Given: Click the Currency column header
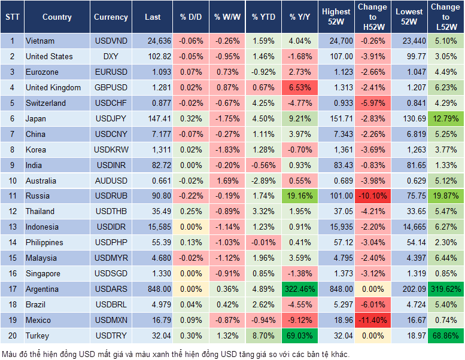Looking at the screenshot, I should [x=111, y=17].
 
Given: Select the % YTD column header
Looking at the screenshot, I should [x=263, y=17].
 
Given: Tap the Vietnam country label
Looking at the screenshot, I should [x=39, y=41].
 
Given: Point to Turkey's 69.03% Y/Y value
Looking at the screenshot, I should [x=300, y=336].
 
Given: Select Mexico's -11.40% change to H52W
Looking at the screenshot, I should [x=372, y=321].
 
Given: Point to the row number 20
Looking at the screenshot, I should [x=12, y=336].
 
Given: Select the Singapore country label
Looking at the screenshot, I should [x=42, y=274].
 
